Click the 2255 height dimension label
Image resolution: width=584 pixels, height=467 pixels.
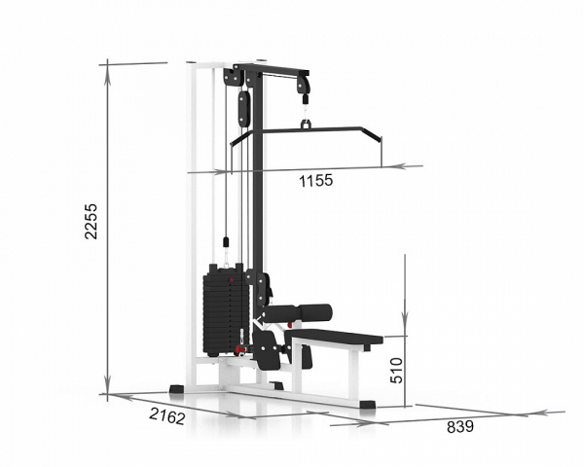point(91,221)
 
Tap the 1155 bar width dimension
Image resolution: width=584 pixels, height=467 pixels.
point(315,181)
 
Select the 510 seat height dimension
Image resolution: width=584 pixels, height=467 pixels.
point(396,370)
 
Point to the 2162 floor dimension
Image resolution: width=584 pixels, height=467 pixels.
point(167,416)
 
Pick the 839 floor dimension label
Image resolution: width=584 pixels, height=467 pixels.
point(460,427)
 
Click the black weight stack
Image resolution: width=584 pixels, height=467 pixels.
point(225,309)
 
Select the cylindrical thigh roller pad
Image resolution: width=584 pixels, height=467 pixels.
point(298,312)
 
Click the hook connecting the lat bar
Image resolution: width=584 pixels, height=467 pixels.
point(306,124)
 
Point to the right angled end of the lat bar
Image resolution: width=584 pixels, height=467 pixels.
point(372,135)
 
